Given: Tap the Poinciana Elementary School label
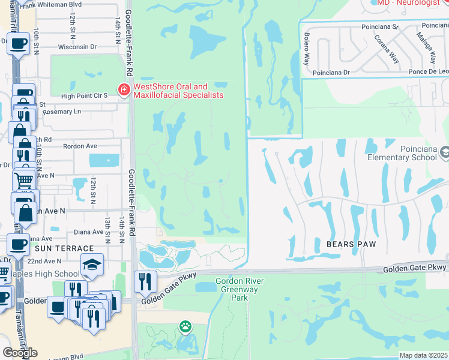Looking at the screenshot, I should [401, 152].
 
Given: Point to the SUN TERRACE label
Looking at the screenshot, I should [64, 248].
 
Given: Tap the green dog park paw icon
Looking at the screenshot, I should [185, 327].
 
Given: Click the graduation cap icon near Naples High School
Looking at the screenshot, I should [92, 264].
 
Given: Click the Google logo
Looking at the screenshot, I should [20, 353].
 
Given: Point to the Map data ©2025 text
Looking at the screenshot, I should [424, 355].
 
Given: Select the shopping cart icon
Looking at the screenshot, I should [23, 179].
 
